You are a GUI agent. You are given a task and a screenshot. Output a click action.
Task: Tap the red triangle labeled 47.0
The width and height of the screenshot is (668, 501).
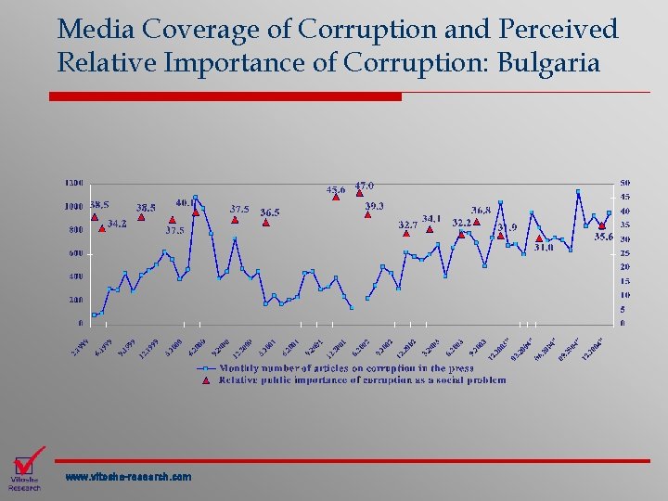click(359, 194)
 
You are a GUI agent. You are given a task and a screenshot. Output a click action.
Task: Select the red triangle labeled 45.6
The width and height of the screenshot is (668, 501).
click(336, 197)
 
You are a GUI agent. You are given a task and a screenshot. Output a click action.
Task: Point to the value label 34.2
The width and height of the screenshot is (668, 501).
click(117, 224)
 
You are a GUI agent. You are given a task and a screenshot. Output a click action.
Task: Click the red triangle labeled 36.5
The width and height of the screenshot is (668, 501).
click(266, 223)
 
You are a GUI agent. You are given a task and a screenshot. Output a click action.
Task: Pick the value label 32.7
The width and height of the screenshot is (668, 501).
click(407, 224)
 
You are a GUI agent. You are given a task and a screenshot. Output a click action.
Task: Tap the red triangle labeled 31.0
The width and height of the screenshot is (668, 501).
click(540, 238)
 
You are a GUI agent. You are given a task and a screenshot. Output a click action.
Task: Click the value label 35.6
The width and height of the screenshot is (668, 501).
click(604, 238)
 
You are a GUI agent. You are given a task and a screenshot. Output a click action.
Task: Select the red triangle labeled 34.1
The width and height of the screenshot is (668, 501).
click(430, 229)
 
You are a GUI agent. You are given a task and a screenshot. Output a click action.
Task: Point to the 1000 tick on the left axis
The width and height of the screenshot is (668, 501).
click(73, 206)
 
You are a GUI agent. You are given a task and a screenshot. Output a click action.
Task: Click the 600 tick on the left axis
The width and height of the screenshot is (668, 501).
click(75, 253)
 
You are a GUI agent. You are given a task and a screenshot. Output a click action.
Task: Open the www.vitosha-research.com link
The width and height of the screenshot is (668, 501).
click(128, 477)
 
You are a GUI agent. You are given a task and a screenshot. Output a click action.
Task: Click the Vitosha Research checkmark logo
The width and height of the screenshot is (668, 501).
click(27, 466)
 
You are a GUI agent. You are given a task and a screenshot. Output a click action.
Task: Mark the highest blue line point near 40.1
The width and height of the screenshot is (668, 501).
click(195, 197)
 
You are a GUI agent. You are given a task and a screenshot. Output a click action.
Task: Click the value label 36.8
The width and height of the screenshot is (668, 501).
click(482, 211)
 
